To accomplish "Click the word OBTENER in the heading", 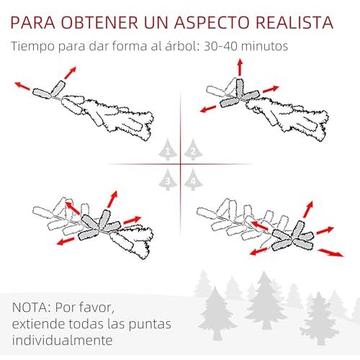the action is [99, 22].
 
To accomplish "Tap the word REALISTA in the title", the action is [294, 22].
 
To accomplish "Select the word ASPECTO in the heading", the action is [212, 22].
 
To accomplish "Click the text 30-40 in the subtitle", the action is [220, 46].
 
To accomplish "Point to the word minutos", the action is [264, 46].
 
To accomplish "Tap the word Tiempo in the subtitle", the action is [33, 47].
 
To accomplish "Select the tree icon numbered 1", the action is [168, 150].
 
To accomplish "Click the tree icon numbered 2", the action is [193, 150].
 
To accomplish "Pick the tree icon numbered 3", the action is [168, 179].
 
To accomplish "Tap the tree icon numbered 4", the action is [193, 179].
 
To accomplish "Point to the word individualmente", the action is [63, 340].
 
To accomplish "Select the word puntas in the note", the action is [150, 325].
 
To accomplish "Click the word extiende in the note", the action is [38, 324].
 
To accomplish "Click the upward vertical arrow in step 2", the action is [240, 68].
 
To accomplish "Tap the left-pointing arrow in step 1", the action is [22, 86].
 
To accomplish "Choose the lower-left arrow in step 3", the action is [66, 241].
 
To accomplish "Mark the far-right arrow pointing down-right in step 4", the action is [330, 253].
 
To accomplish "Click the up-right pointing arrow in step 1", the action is [70, 73].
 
